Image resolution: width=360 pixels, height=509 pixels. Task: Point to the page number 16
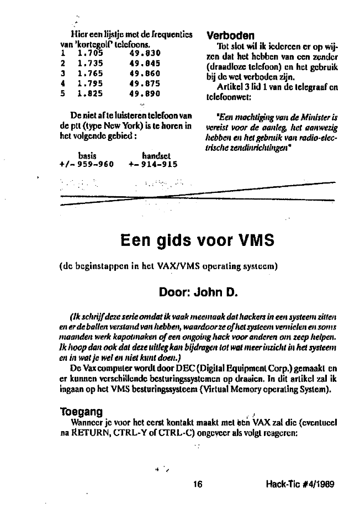[199, 485]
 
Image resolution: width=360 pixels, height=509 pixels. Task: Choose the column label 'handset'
[157, 156]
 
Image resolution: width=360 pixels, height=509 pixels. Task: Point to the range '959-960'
[97, 165]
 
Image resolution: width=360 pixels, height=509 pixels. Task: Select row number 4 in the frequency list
[63, 84]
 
